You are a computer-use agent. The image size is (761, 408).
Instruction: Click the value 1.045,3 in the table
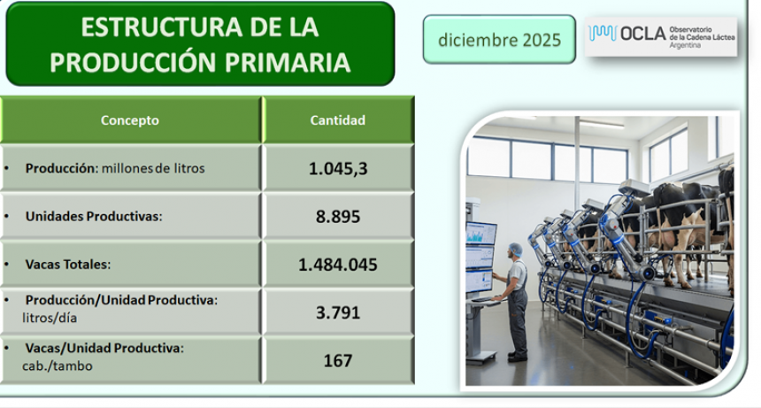click(338, 168)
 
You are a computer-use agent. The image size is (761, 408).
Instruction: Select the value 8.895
click(338, 216)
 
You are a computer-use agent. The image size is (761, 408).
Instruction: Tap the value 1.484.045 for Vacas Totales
click(338, 264)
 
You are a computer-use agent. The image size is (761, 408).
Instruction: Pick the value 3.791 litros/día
click(338, 312)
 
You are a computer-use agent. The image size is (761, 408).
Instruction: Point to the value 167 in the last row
click(338, 360)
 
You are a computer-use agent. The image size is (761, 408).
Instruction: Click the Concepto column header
click(130, 120)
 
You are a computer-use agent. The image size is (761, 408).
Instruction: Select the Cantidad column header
click(337, 120)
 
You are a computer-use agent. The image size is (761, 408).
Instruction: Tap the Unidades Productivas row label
click(94, 216)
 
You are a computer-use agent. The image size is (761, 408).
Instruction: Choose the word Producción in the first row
click(61, 168)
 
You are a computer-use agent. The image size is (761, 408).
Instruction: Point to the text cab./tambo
click(59, 366)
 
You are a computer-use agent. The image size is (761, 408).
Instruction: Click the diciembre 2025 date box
click(499, 40)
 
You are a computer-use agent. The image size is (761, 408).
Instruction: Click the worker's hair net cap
click(516, 250)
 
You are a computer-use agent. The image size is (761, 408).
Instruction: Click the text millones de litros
click(153, 168)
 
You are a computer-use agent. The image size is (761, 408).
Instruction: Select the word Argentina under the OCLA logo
click(685, 46)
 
